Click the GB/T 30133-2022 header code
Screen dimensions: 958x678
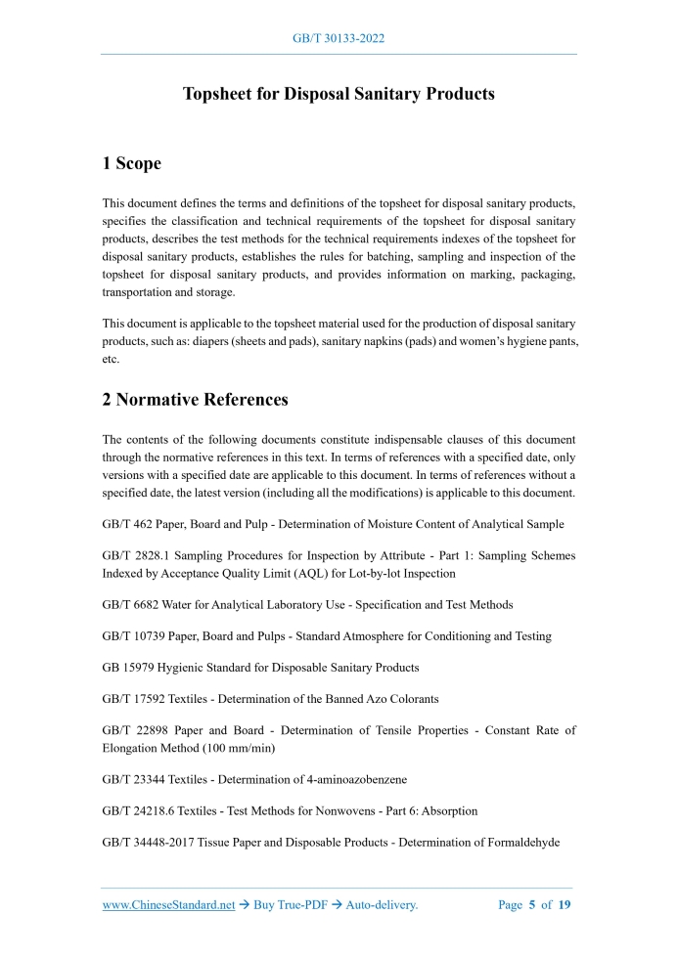339,38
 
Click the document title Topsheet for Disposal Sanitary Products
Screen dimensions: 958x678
339,95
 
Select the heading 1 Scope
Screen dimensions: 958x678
132,163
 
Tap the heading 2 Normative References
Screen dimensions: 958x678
196,400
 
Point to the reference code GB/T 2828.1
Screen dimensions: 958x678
136,555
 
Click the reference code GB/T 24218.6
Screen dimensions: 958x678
141,810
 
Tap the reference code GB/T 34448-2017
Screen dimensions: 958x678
151,842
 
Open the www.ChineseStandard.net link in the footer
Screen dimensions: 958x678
169,905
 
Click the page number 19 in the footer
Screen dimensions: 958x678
565,905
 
